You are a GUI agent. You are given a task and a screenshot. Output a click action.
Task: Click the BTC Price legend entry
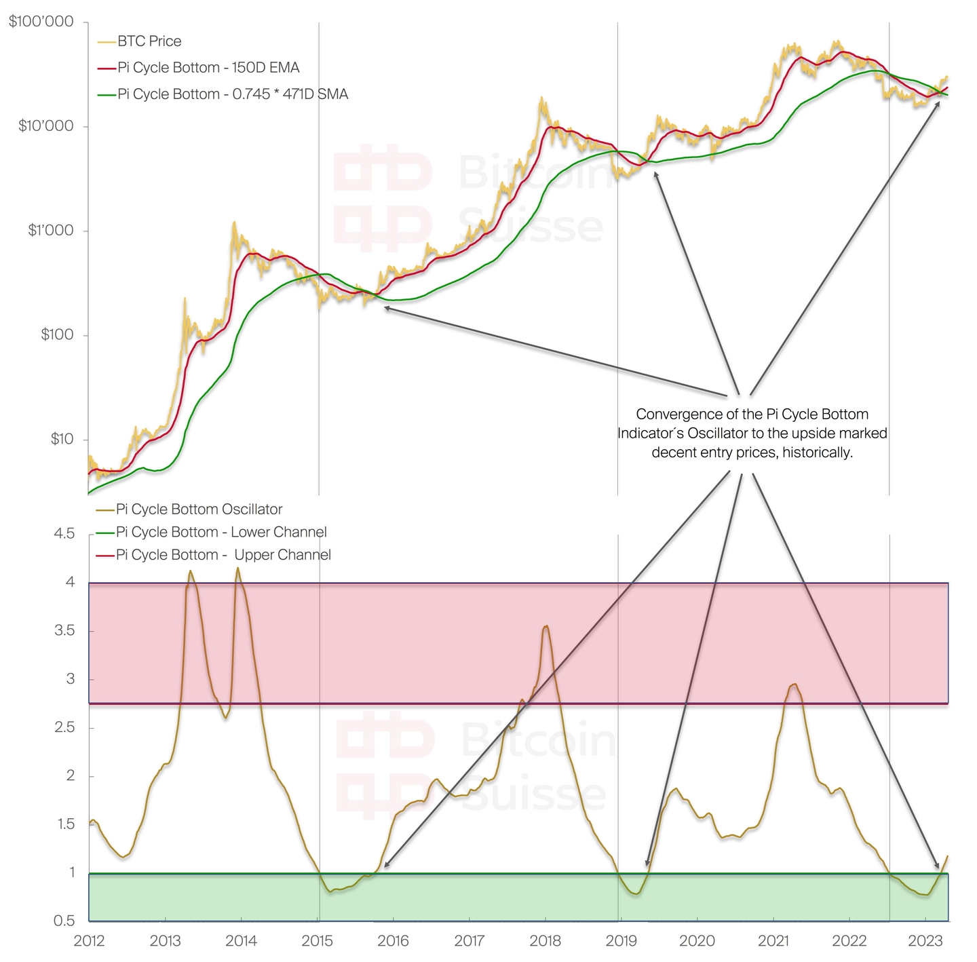(149, 41)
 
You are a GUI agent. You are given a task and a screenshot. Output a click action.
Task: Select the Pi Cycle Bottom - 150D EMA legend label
(208, 68)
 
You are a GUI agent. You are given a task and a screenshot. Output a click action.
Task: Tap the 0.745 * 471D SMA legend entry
(233, 94)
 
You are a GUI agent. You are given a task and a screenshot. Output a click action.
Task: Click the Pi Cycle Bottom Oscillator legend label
(199, 509)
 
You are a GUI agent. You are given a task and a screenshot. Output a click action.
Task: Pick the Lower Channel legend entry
(221, 533)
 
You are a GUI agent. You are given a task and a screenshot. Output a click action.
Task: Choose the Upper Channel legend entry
(223, 555)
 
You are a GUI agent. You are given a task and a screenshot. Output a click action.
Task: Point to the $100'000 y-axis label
(41, 22)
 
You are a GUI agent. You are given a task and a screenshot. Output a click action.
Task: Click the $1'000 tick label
(50, 231)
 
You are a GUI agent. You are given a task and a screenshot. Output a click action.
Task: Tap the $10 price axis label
(62, 439)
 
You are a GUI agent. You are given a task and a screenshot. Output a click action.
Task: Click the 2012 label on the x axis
(89, 941)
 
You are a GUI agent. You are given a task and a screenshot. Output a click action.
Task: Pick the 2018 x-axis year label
(545, 941)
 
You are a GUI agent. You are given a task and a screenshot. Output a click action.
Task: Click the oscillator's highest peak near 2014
(237, 569)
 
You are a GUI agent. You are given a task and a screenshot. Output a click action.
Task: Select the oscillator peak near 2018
(546, 626)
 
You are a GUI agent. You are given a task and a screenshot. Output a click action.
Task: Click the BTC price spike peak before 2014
(234, 222)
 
